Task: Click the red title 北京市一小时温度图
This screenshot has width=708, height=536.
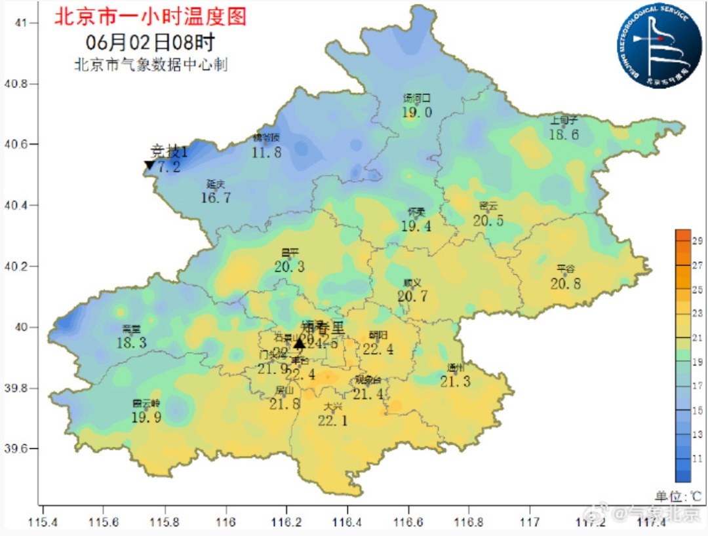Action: click(150, 16)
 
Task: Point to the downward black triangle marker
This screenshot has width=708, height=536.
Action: click(149, 165)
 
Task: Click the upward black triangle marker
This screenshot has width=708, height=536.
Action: click(299, 343)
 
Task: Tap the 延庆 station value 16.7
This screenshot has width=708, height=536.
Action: click(216, 197)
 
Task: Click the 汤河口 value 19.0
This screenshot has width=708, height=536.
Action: click(417, 112)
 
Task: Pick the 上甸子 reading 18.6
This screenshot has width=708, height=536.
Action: click(564, 134)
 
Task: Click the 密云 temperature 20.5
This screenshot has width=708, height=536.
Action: click(488, 221)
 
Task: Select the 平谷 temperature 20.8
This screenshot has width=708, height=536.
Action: click(565, 284)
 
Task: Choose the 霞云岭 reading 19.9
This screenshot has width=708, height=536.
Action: click(146, 417)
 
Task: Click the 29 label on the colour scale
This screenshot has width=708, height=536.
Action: click(698, 240)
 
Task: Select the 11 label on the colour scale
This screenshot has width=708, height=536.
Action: click(698, 458)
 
